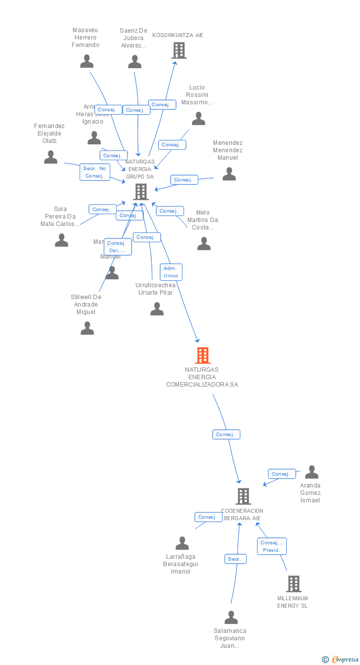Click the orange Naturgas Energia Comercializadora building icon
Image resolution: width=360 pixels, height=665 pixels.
click(x=202, y=355)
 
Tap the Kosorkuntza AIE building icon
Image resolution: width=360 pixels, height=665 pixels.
click(x=179, y=50)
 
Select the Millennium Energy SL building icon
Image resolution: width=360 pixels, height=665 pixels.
click(x=293, y=583)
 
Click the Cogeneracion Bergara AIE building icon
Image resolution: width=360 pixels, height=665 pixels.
click(x=243, y=496)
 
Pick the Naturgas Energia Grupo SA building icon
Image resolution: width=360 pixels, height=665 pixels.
click(x=141, y=191)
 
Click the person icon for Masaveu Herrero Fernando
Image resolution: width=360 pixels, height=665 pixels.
click(x=87, y=61)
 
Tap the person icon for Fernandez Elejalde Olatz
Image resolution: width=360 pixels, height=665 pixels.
click(x=50, y=157)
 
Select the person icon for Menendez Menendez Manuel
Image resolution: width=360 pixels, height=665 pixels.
click(x=229, y=174)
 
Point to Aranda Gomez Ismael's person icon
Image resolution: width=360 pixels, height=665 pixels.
click(x=312, y=472)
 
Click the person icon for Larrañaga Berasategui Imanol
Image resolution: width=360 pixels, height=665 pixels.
click(x=182, y=543)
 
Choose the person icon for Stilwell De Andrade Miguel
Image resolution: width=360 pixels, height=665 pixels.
click(x=87, y=328)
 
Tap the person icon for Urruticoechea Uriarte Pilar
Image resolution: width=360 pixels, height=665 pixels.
click(x=157, y=309)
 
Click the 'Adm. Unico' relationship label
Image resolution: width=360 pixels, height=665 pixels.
click(x=171, y=272)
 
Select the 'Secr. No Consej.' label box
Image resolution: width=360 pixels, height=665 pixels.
click(x=95, y=172)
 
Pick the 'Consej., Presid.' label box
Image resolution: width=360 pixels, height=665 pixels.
click(x=271, y=546)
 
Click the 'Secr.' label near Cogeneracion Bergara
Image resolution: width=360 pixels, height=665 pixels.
click(x=235, y=559)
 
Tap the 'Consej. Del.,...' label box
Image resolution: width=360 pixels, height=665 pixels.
click(x=118, y=247)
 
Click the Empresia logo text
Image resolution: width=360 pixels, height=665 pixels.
click(x=345, y=659)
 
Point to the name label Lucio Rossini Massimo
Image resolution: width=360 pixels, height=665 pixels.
click(x=197, y=95)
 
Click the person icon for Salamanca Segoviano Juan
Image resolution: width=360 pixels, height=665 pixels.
click(x=231, y=618)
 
